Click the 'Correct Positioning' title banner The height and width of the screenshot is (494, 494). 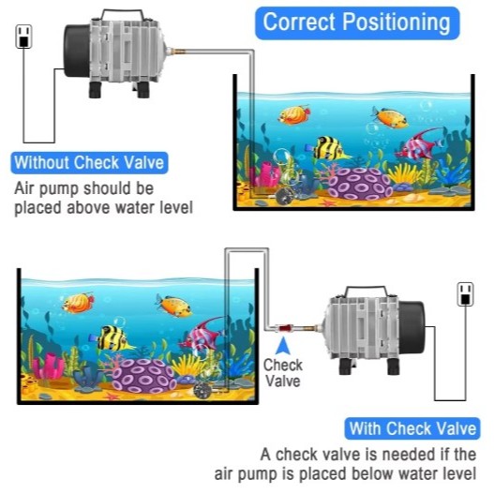coord(357,23)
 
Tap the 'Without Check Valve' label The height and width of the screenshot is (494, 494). coord(89,163)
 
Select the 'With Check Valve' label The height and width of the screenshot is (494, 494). coord(412,428)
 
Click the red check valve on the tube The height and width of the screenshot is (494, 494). coord(283,328)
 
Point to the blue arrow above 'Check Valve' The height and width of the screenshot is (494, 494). coord(283,346)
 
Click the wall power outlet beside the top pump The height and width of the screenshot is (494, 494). coord(23,37)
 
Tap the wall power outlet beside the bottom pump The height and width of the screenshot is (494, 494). coord(465,294)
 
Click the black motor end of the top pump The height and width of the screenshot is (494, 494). coord(77,51)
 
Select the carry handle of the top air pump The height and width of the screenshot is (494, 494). coord(122,13)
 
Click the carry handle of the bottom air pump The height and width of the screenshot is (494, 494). coord(367,292)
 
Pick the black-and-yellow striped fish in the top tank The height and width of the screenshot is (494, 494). coord(328,148)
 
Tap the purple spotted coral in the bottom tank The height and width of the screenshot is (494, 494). coord(143,376)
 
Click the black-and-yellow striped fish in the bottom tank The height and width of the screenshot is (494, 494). coord(112,338)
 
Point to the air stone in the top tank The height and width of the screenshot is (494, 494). coord(284,197)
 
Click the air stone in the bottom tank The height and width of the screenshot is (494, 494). coord(202,391)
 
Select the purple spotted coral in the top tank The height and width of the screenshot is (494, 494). coord(360,184)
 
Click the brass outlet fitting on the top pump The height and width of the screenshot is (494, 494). coord(177,51)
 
